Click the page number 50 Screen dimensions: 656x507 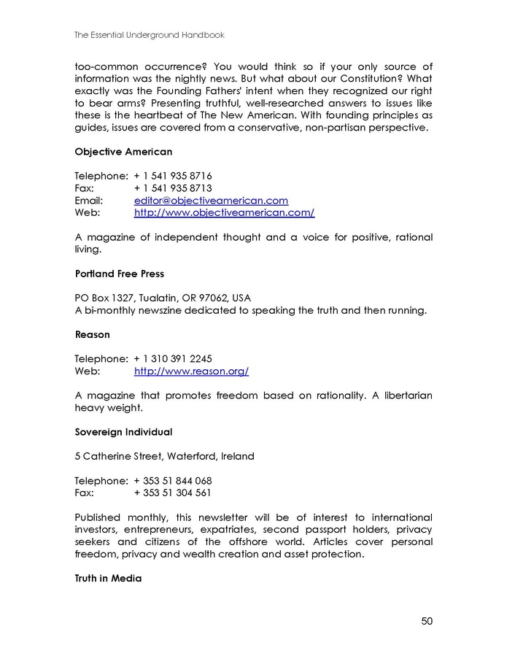(427, 621)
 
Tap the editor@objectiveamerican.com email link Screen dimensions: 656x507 (211, 200)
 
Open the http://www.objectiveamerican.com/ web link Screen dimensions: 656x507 (224, 212)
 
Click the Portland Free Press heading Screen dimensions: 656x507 (119, 274)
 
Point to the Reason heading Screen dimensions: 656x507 (92, 334)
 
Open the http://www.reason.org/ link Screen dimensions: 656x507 (191, 371)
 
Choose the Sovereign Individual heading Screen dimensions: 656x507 (123, 432)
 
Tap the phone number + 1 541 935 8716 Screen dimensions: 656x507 (173, 176)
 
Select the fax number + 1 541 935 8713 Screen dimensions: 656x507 (173, 188)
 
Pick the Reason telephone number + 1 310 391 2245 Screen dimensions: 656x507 (173, 359)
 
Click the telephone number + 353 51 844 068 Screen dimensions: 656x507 (173, 481)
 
